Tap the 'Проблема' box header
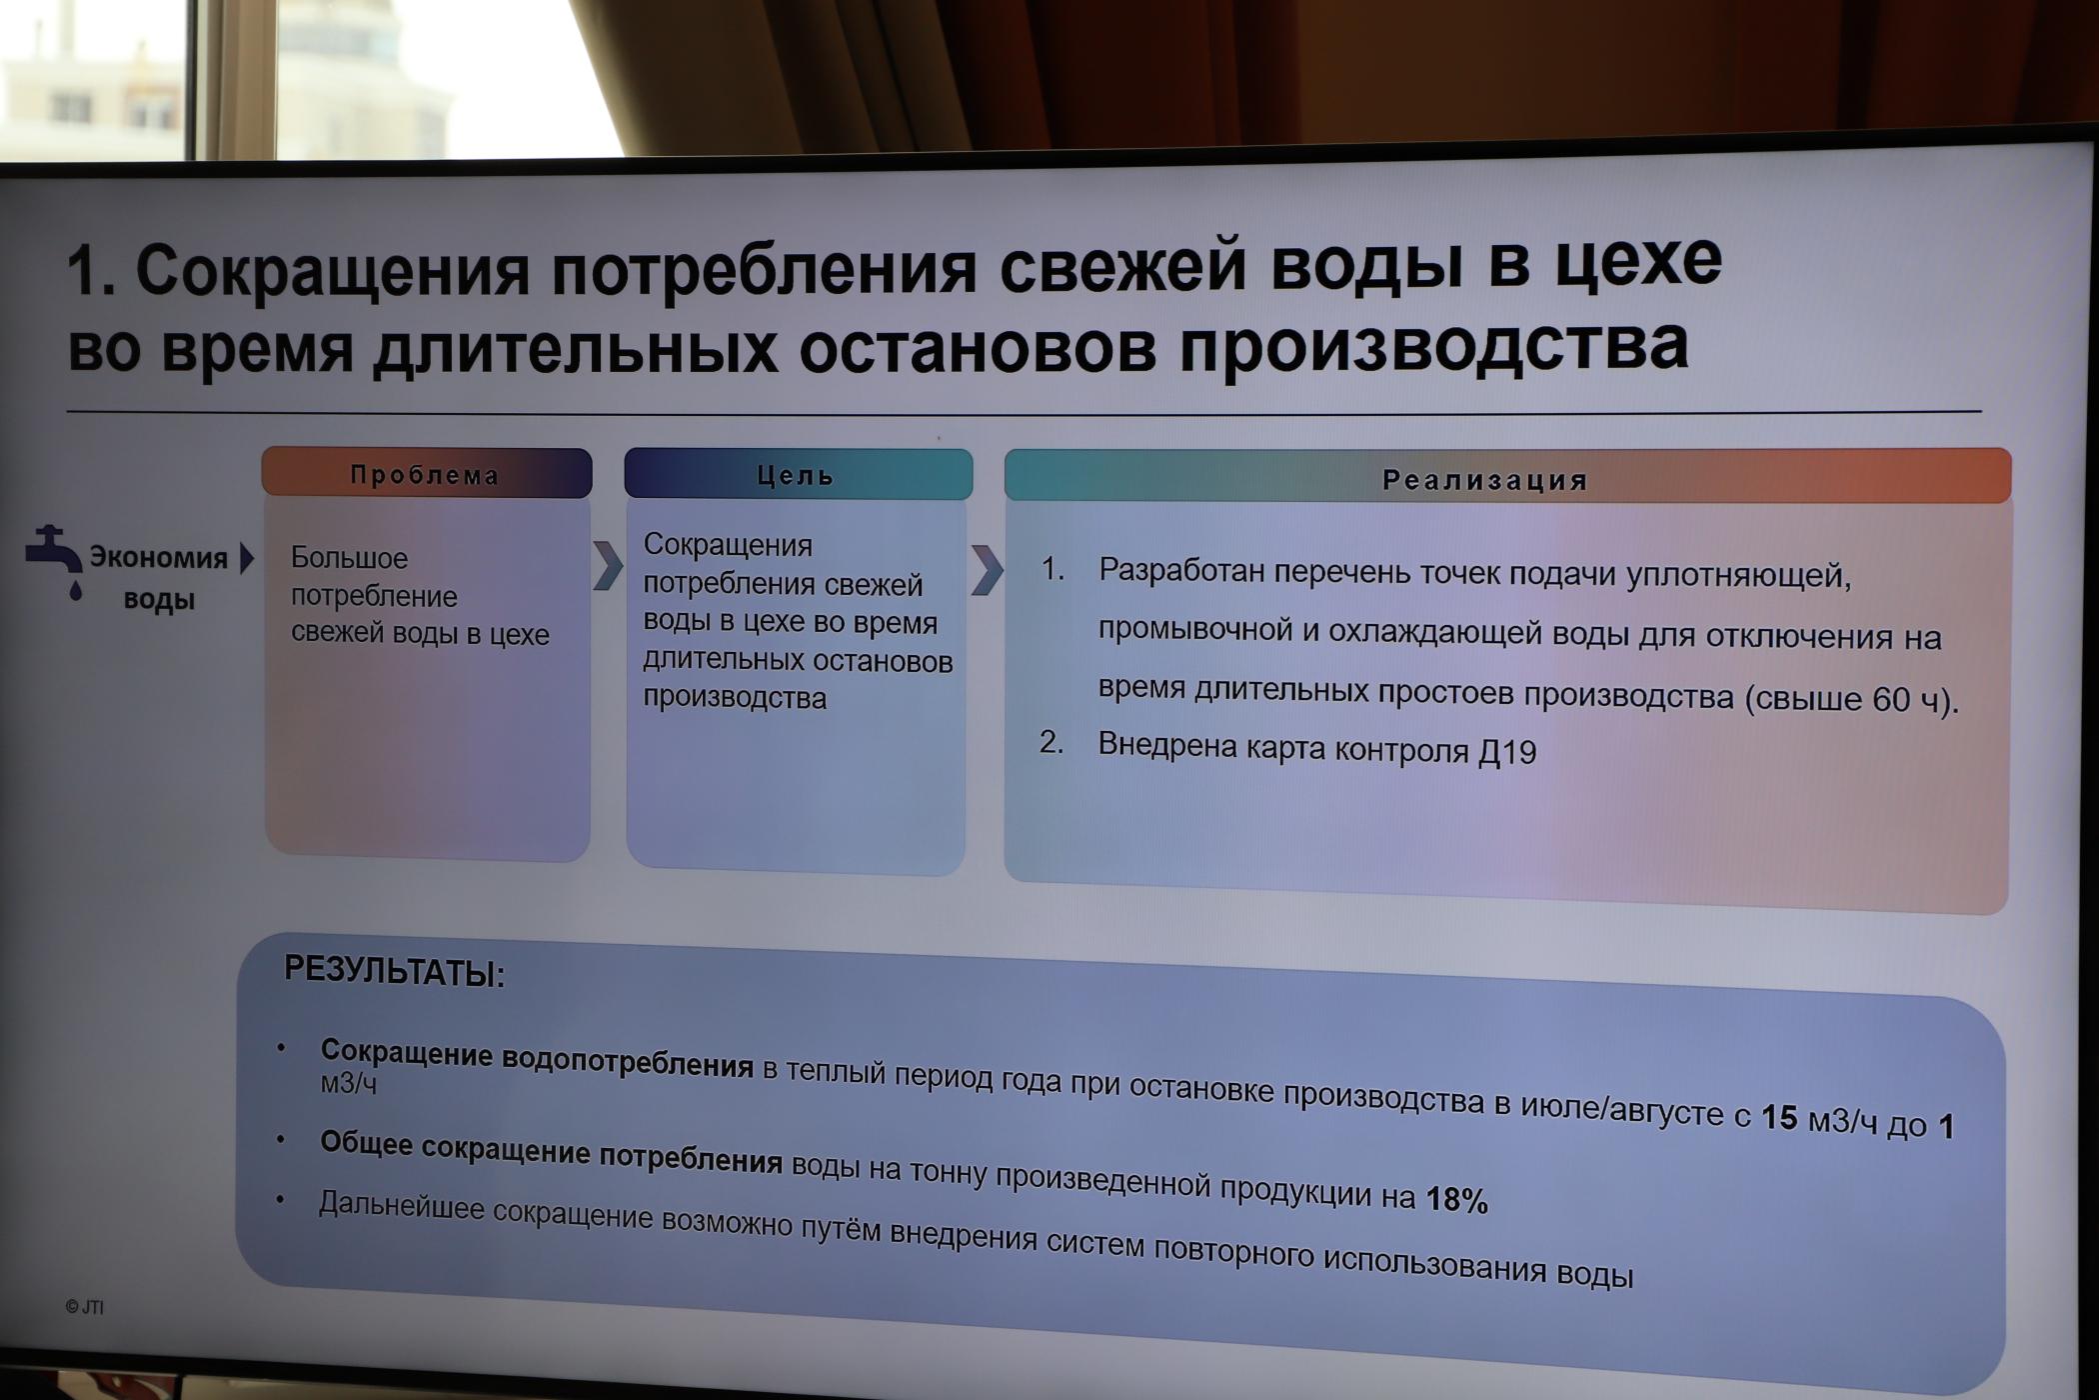pyautogui.click(x=427, y=473)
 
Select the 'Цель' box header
pyautogui.click(x=798, y=474)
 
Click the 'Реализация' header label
pyautogui.click(x=1485, y=480)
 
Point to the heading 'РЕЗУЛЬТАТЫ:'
pyautogui.click(x=395, y=970)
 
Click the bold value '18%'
pyautogui.click(x=1456, y=1199)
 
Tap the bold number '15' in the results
pyautogui.click(x=1779, y=1117)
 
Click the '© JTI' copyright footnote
pyautogui.click(x=85, y=1307)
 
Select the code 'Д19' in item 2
pyautogui.click(x=1507, y=752)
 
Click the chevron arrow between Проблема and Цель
pyautogui.click(x=607, y=566)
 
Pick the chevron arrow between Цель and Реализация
pyautogui.click(x=986, y=570)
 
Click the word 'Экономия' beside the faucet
pyautogui.click(x=159, y=557)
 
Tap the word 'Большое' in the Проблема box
pyautogui.click(x=349, y=557)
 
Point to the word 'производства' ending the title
pyautogui.click(x=1433, y=346)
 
